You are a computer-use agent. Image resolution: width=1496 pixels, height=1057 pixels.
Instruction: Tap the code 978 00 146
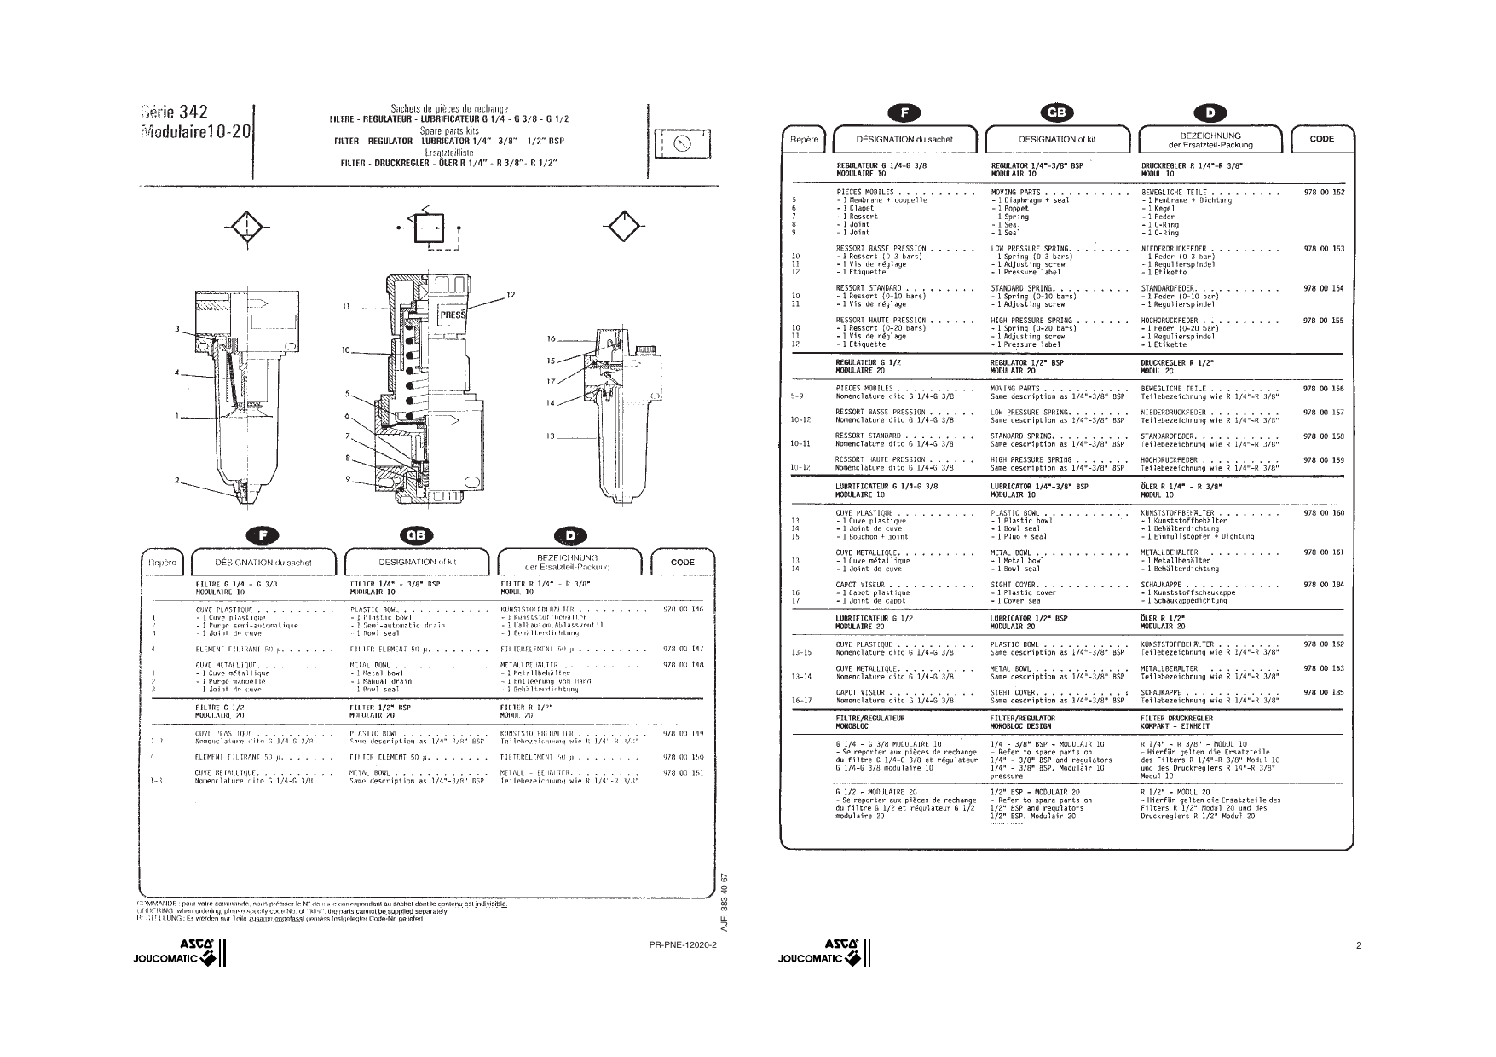pos(683,609)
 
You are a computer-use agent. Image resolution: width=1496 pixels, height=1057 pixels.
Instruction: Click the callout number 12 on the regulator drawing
pos(510,295)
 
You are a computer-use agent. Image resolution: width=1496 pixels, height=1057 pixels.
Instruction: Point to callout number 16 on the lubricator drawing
pos(552,339)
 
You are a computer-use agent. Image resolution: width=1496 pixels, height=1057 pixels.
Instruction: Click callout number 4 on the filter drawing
pos(177,373)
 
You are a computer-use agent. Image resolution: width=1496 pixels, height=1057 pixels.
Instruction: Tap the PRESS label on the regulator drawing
pos(453,315)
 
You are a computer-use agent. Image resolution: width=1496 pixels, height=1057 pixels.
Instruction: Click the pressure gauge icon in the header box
pos(681,143)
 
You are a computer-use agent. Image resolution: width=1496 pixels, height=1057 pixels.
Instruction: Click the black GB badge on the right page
pos(1059,113)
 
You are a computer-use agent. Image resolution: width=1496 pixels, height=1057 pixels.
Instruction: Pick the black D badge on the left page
pos(570,535)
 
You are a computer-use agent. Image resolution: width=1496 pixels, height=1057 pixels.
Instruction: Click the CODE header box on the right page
pos(1321,139)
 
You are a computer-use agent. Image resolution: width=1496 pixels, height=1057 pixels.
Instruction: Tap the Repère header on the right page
pos(804,139)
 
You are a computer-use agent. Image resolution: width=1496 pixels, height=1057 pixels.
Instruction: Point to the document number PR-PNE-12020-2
pos(683,945)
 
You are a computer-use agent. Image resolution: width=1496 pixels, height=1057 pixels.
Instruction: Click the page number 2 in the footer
pos(1359,945)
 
